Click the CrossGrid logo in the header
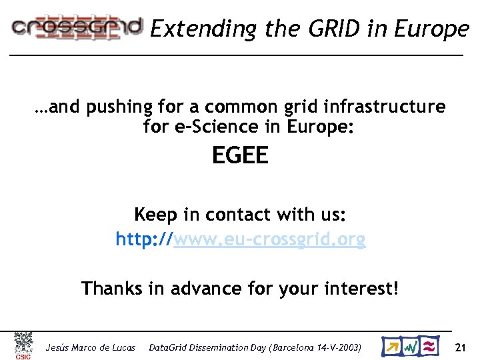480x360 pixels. point(77,27)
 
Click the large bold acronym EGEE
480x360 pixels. point(240,156)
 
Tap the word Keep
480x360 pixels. point(155,215)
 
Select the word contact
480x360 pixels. point(236,215)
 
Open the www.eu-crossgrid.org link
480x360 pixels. point(269,239)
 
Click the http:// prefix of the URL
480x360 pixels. point(144,239)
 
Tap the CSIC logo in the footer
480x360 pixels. point(24,346)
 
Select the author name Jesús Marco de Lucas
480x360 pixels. point(90,347)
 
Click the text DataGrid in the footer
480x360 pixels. point(169,347)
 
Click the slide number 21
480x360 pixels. point(460,347)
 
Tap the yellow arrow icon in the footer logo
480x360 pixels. point(392,347)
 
